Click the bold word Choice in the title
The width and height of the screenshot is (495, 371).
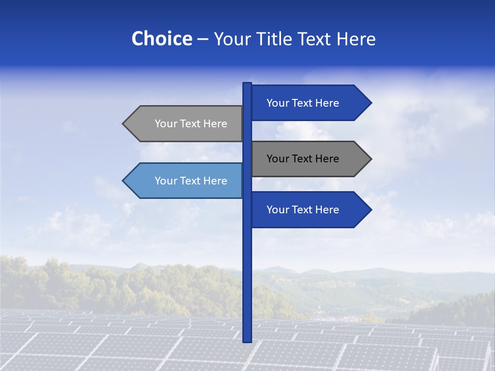click(161, 39)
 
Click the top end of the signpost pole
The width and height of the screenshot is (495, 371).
click(247, 84)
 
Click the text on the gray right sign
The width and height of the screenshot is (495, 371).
click(303, 159)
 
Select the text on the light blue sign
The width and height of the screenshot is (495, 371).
click(191, 181)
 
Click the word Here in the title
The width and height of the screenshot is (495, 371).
click(356, 39)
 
